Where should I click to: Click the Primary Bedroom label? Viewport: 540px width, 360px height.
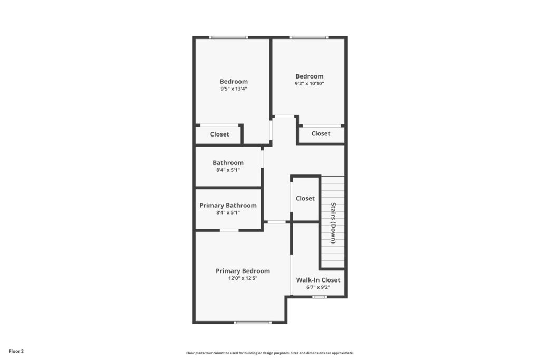point(243,271)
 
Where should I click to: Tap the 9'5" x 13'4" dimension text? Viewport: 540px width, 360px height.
point(234,89)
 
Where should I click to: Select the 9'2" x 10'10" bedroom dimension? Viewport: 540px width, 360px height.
point(309,84)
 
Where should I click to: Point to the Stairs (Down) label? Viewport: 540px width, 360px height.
point(333,223)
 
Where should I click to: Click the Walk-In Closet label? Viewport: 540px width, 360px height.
point(318,280)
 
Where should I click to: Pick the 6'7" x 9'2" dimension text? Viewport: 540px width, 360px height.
point(318,287)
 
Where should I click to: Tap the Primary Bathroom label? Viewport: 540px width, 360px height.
point(228,206)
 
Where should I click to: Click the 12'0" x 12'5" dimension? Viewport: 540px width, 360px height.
point(243,278)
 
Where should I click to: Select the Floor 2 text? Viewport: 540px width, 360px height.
point(16,352)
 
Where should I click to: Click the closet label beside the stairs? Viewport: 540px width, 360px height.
point(305,199)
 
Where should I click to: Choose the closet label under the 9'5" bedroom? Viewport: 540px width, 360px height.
point(220,134)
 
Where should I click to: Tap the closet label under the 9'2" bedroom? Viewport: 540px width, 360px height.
point(321,133)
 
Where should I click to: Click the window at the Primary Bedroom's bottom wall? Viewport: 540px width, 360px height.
point(253,323)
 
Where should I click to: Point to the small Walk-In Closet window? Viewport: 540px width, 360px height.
point(319,297)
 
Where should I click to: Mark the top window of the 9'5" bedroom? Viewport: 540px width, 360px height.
point(228,37)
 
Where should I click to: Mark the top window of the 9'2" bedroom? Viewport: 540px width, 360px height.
point(308,37)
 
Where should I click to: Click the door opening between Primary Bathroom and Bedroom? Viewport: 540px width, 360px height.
point(229,230)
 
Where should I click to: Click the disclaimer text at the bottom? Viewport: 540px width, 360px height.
point(270,353)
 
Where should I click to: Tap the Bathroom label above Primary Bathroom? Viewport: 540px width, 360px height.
point(228,163)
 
